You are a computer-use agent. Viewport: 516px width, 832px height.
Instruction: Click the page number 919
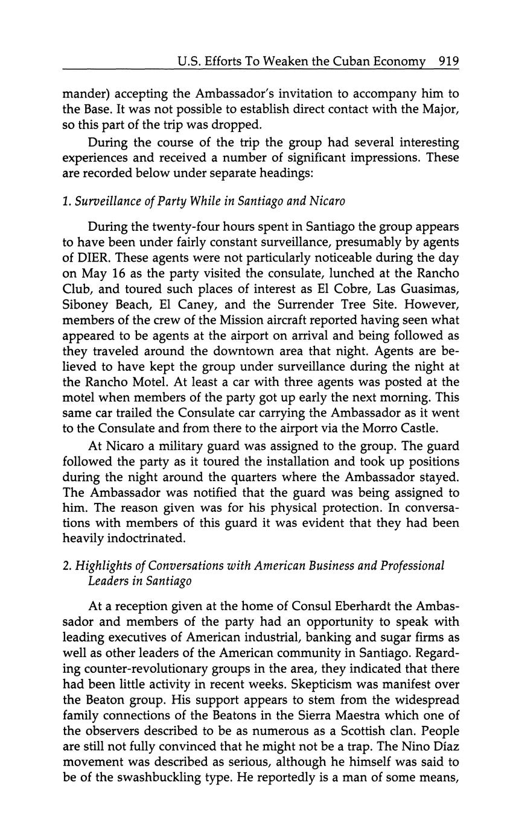click(x=449, y=61)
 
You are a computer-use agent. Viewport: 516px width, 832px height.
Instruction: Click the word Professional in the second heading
click(x=410, y=566)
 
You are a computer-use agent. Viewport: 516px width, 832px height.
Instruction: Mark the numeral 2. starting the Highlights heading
click(x=66, y=566)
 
